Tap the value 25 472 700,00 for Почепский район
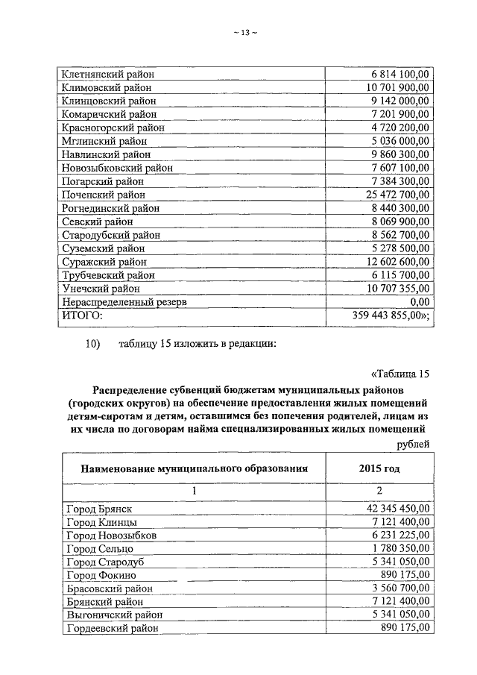point(391,195)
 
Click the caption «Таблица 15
point(399,374)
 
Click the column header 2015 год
point(378,469)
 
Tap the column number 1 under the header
point(194,492)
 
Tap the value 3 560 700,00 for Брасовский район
point(394,588)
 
